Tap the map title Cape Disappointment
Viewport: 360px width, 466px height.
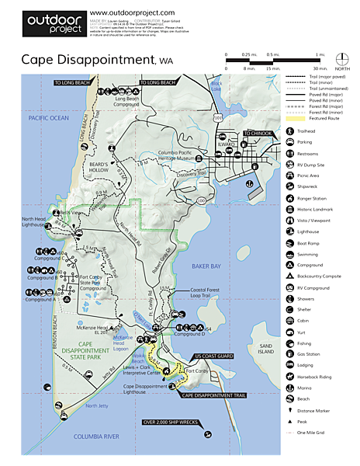88,59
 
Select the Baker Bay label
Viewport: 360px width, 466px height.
207,266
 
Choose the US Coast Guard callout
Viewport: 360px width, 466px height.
214,356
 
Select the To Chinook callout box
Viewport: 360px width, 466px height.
258,134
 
